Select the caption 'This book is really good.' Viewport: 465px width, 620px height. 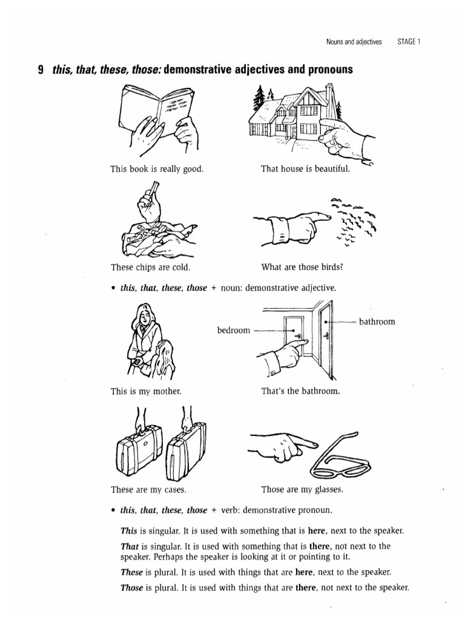tap(157, 169)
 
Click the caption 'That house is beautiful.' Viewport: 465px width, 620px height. tap(306, 169)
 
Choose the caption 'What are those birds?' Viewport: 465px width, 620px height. tap(306, 267)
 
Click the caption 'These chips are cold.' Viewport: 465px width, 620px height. tap(150, 267)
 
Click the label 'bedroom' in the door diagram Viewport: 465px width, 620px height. tap(234, 331)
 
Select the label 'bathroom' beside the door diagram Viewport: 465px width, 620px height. tap(377, 322)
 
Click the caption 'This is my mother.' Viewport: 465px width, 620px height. tap(146, 392)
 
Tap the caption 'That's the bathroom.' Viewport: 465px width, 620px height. tap(301, 392)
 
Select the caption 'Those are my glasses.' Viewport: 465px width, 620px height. tap(302, 490)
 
